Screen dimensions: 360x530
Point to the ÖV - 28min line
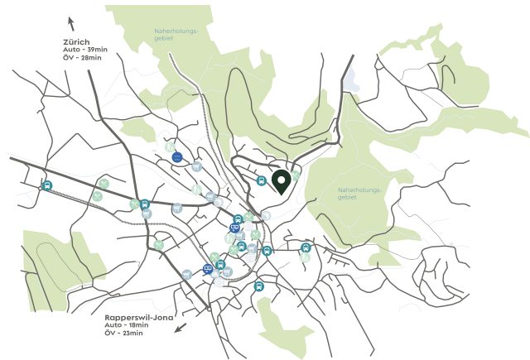click(80, 58)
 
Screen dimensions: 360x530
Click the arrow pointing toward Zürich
click(71, 22)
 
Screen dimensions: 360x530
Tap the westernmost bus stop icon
click(47, 185)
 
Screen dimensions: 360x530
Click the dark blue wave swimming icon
click(177, 157)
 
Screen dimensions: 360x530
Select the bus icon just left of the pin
click(261, 180)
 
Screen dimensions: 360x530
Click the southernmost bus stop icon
click(259, 286)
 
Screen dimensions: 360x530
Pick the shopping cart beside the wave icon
click(196, 166)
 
